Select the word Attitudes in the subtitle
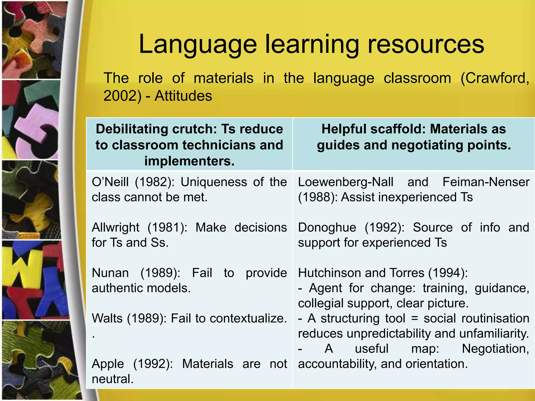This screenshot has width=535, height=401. click(x=183, y=96)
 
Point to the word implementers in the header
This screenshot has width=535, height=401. click(x=189, y=161)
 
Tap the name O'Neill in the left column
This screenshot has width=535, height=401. click(x=110, y=182)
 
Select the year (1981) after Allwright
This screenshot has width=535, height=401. click(x=167, y=227)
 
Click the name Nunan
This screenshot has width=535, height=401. click(x=110, y=273)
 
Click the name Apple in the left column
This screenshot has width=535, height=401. click(x=108, y=364)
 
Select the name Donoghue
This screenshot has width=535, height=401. click(x=327, y=227)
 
